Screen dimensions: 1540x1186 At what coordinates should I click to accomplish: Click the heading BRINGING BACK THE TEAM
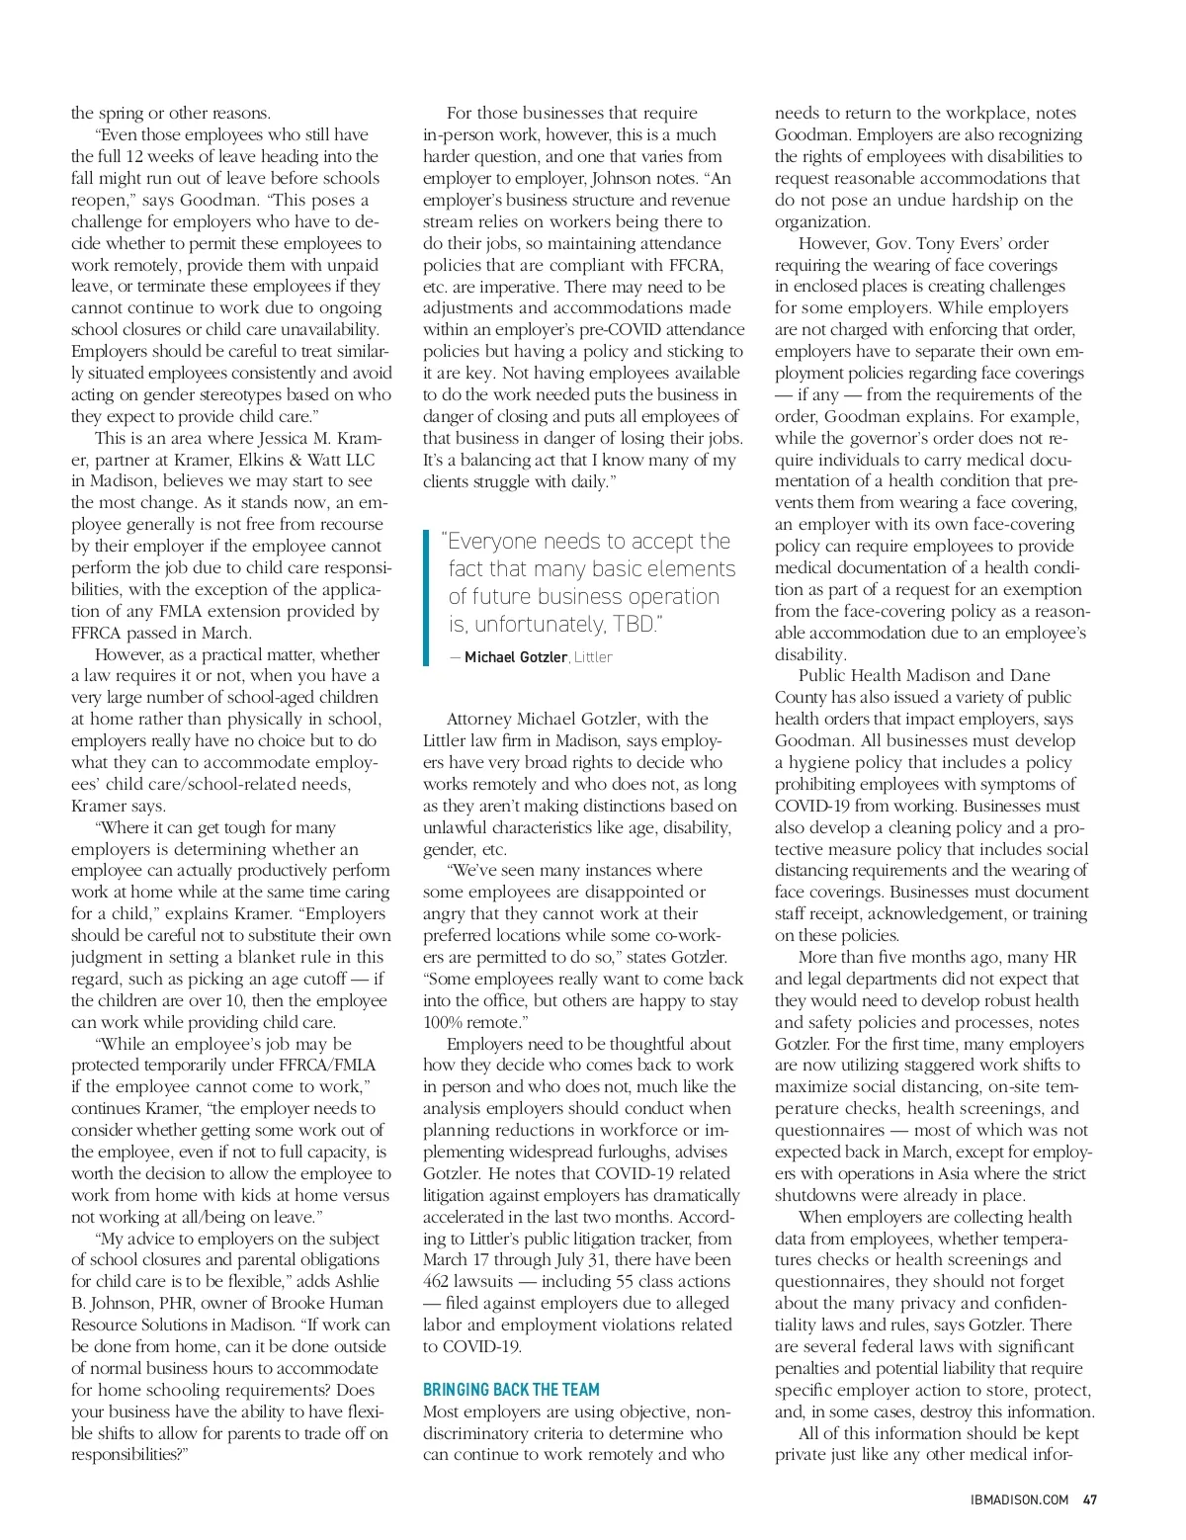pos(511,1390)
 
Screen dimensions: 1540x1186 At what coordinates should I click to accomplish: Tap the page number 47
pos(1091,1499)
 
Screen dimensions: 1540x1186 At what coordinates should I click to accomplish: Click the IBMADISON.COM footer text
pos(1021,1499)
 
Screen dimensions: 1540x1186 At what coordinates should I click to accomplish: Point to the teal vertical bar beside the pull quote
pos(426,597)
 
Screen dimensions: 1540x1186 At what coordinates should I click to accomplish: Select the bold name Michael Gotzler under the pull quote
pos(516,657)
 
